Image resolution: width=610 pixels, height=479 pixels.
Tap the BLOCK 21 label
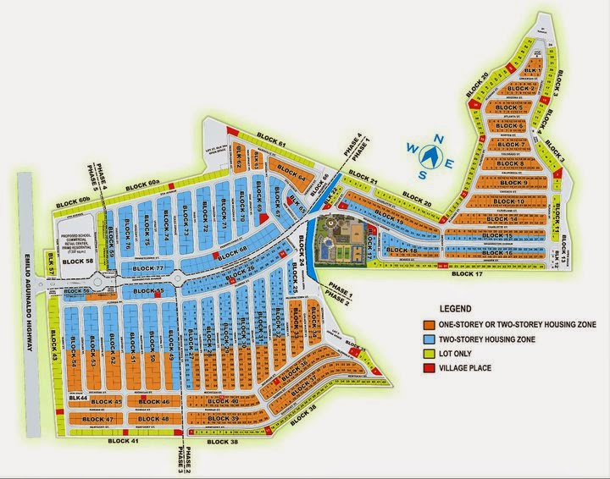[x=363, y=180]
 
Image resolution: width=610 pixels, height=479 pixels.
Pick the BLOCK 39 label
[x=222, y=419]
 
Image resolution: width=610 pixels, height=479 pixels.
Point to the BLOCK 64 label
[x=290, y=178]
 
